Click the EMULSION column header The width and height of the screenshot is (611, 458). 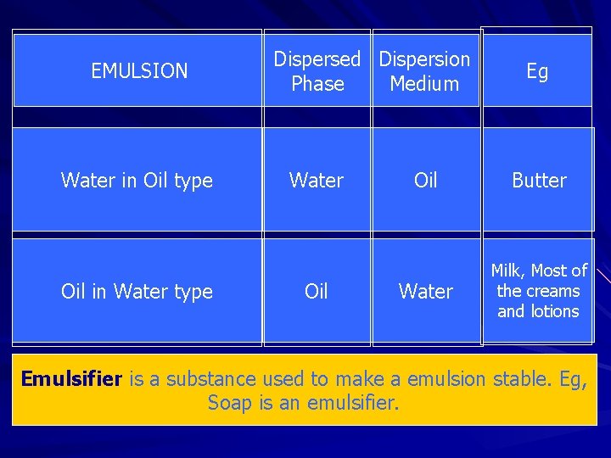(139, 71)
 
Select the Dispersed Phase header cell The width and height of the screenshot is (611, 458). (317, 71)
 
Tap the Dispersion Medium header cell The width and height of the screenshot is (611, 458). (424, 71)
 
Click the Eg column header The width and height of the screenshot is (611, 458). (537, 71)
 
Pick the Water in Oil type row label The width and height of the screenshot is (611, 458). (137, 180)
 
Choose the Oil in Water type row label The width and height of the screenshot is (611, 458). (137, 292)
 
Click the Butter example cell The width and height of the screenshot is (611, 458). (539, 180)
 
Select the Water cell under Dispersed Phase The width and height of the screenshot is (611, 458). (317, 180)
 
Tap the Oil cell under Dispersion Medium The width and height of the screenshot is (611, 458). (425, 180)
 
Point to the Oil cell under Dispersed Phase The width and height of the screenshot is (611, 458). (317, 292)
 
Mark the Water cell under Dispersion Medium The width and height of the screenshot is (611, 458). (425, 292)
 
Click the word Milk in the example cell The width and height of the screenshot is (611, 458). (507, 271)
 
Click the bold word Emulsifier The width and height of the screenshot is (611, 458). (72, 378)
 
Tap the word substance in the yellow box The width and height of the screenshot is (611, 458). (210, 378)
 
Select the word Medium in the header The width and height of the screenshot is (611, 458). (424, 84)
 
